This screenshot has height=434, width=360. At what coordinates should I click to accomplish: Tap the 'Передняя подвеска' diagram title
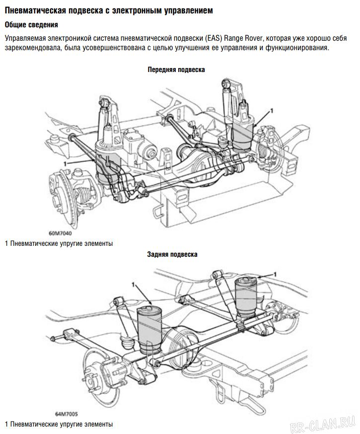(176, 70)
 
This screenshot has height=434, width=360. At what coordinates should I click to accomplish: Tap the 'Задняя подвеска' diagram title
(172, 254)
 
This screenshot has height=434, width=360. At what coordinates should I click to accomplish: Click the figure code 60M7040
(60, 232)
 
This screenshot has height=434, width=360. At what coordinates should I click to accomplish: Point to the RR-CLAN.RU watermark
(323, 422)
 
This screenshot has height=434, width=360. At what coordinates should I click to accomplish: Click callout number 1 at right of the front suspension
(272, 110)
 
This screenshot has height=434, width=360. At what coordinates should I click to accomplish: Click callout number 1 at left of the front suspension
(65, 163)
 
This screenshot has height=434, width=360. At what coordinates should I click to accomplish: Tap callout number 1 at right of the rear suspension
(275, 274)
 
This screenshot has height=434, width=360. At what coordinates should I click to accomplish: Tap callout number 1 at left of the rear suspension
(133, 284)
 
